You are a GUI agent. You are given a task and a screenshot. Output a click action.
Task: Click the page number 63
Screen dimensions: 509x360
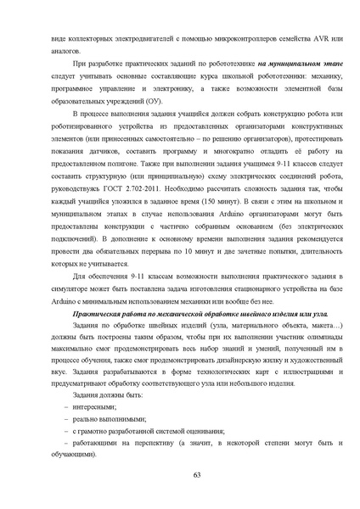tap(197, 473)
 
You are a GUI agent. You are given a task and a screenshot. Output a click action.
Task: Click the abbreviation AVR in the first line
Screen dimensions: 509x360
tap(295, 39)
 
